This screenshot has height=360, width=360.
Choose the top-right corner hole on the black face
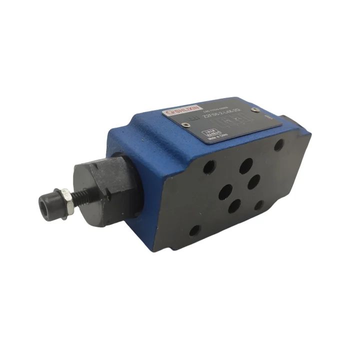pyautogui.click(x=279, y=145)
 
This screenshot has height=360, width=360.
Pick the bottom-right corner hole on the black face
pyautogui.click(x=259, y=204)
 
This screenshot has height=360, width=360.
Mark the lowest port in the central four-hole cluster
pyautogui.click(x=234, y=206)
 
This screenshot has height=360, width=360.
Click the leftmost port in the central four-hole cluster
pyautogui.click(x=224, y=191)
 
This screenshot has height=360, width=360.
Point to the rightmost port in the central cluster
pyautogui.click(x=253, y=181)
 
